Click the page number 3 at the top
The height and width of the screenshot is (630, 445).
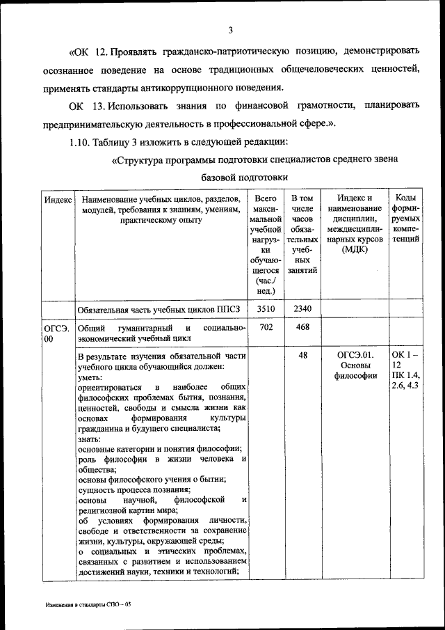click(230, 29)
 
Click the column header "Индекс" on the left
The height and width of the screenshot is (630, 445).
click(58, 199)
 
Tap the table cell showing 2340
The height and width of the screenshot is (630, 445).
click(302, 308)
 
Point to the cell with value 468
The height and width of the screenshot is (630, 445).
click(302, 326)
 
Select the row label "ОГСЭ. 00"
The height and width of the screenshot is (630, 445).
click(54, 333)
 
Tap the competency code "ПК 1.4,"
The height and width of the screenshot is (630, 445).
click(405, 376)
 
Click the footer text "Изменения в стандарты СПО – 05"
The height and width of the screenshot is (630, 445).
click(84, 606)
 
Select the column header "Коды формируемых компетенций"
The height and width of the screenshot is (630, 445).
click(405, 218)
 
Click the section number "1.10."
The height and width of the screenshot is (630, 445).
click(83, 142)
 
